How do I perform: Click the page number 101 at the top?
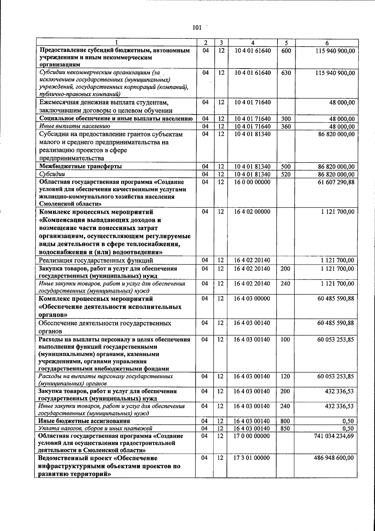click(197, 28)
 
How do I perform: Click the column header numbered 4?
click(252, 43)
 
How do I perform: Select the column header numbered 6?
click(327, 43)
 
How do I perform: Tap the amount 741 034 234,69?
click(334, 436)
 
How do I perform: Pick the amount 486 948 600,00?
click(334, 458)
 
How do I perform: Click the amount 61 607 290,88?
click(336, 182)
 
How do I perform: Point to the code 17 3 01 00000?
click(252, 458)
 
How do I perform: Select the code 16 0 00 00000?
click(252, 182)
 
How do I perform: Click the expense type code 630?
click(286, 73)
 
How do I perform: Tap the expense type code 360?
click(286, 126)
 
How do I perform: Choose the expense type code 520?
click(286, 174)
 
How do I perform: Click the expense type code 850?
click(285, 428)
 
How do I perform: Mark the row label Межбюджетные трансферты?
click(80, 166)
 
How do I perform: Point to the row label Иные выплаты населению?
click(74, 126)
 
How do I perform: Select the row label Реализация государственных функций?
click(96, 260)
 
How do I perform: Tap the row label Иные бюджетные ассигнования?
click(84, 421)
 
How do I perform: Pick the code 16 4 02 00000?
click(252, 212)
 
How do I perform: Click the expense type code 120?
click(285, 376)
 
